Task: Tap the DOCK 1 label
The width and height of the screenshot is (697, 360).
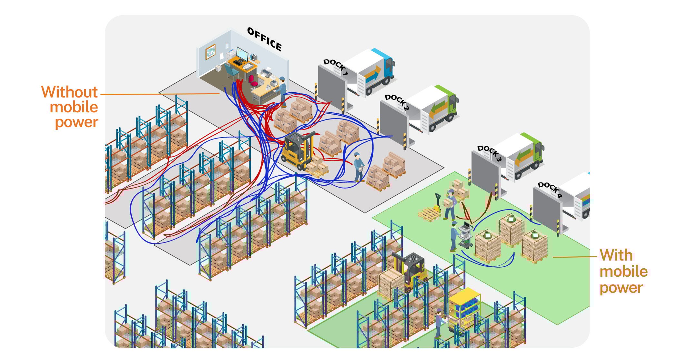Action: pyautogui.click(x=336, y=67)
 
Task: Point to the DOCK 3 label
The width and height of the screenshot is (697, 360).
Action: pyautogui.click(x=490, y=153)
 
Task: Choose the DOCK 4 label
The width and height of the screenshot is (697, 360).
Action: pyautogui.click(x=550, y=190)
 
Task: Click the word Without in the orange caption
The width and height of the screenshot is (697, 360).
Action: pyautogui.click(x=69, y=92)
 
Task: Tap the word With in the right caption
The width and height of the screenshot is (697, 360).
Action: pyautogui.click(x=616, y=255)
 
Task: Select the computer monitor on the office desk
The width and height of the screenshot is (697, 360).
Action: pyautogui.click(x=242, y=54)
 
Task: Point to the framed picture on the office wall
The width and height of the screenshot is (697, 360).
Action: pyautogui.click(x=210, y=52)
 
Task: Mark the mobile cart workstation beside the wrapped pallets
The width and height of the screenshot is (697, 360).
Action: pyautogui.click(x=466, y=235)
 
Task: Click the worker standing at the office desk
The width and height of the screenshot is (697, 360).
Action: pyautogui.click(x=282, y=89)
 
